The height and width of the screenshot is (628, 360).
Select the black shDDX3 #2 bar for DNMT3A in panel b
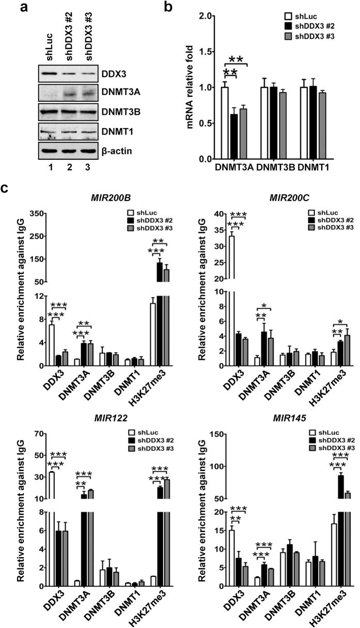pos(234,136)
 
